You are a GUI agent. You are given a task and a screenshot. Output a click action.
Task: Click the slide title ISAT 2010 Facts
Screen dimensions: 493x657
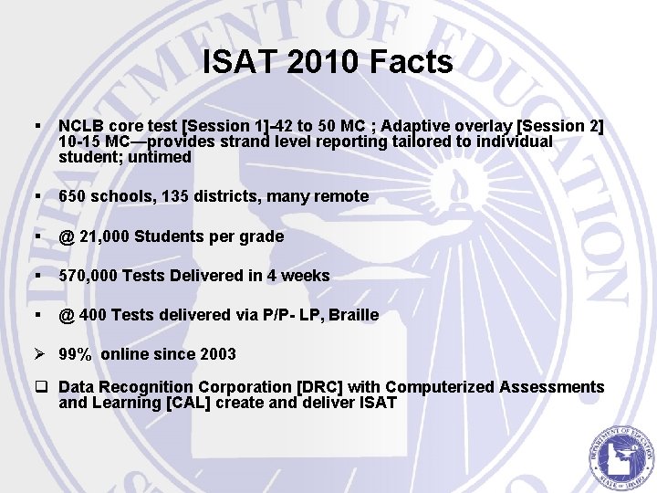pyautogui.click(x=328, y=62)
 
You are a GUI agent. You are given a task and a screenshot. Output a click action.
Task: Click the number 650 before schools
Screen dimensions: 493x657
pyautogui.click(x=73, y=196)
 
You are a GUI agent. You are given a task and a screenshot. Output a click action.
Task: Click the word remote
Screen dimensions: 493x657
pyautogui.click(x=340, y=196)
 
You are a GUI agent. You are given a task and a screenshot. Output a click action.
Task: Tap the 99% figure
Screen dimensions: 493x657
pyautogui.click(x=74, y=354)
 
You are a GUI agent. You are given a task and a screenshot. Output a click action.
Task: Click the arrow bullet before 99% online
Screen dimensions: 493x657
pyautogui.click(x=40, y=354)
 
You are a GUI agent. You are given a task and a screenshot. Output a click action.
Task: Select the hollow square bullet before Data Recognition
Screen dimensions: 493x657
pyautogui.click(x=41, y=387)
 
